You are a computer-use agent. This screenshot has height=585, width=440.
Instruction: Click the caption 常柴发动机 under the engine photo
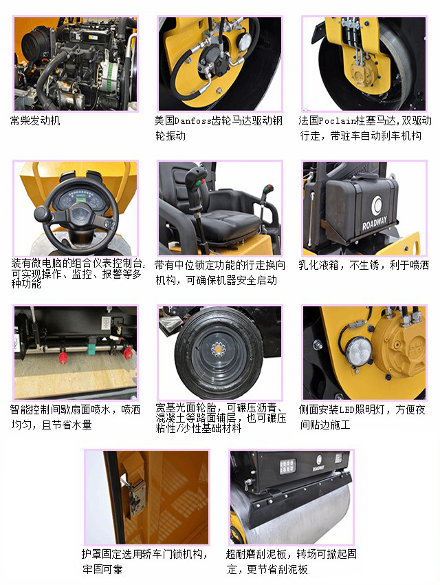(x=35, y=121)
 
